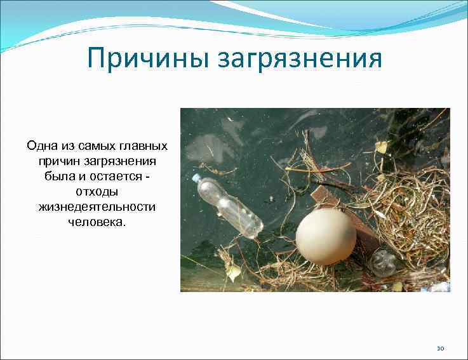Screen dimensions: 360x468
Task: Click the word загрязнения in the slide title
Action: click(300, 60)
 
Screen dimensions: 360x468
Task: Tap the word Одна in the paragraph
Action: click(40, 145)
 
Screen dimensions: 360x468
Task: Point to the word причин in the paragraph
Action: click(50, 161)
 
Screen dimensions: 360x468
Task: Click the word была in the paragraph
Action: click(60, 176)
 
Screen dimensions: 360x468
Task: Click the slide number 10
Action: click(441, 348)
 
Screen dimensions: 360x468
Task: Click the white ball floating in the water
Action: click(326, 237)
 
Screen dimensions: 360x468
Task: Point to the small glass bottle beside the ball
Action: click(383, 262)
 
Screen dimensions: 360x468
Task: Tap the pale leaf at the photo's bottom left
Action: click(233, 272)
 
